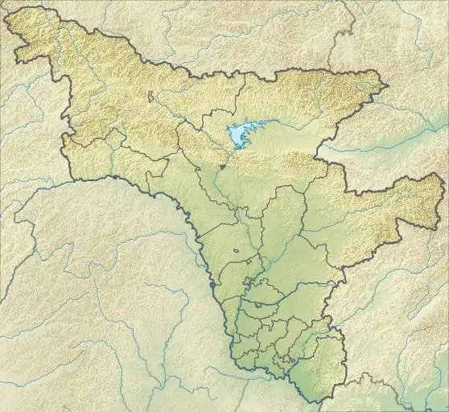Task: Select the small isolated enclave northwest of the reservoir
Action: point(150,97)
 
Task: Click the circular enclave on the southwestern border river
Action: point(212,285)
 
